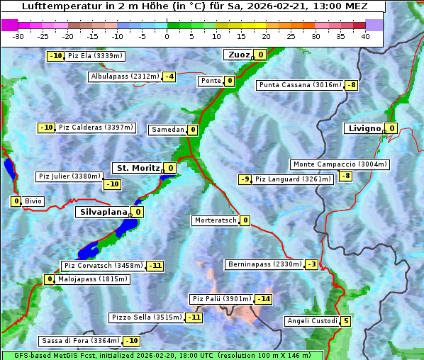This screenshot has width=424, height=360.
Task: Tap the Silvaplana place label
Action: click(103, 212)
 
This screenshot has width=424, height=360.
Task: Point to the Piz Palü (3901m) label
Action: click(221, 299)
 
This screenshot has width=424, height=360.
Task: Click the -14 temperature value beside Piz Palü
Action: click(264, 299)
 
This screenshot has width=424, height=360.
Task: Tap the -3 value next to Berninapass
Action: click(312, 264)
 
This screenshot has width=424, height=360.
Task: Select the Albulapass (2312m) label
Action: click(124, 77)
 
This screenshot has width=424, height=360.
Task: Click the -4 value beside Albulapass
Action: click(169, 77)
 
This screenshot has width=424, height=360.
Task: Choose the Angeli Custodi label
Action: click(311, 321)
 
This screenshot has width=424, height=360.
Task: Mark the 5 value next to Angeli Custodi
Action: click(345, 321)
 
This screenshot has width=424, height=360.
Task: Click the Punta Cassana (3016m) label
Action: click(300, 85)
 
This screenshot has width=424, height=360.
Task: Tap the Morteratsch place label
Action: click(216, 220)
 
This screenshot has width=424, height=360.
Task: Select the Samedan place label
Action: click(167, 130)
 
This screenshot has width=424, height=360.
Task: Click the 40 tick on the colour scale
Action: click(365, 36)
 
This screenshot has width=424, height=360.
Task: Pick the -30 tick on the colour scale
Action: click(18, 36)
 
